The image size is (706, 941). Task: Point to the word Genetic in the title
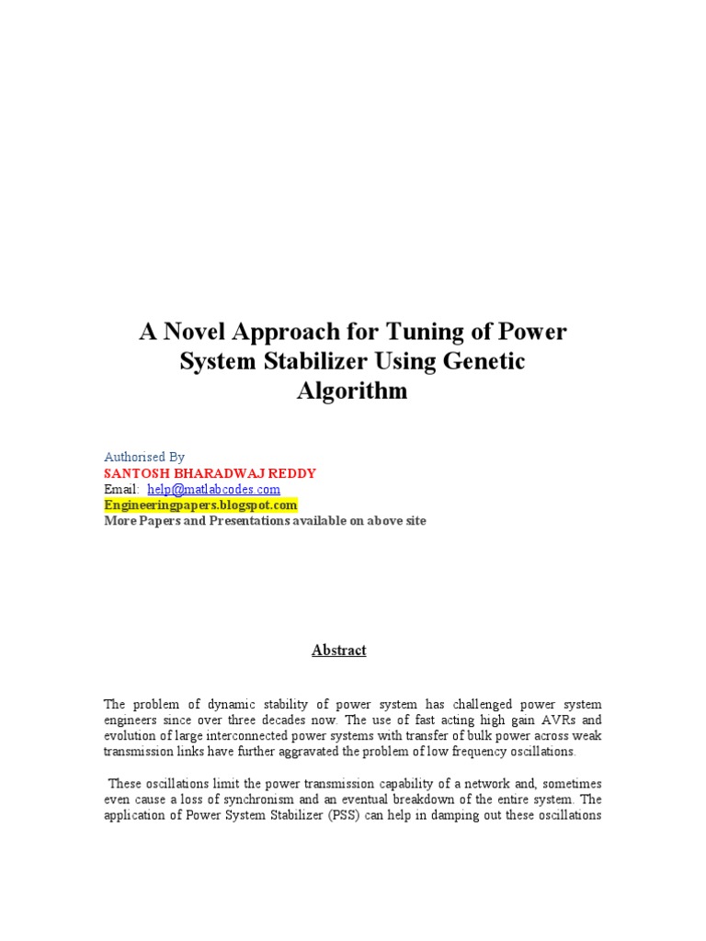click(x=485, y=361)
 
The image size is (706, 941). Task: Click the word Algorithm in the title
click(x=352, y=391)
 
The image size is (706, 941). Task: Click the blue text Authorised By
click(x=144, y=457)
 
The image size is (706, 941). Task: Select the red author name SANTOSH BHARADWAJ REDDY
click(x=211, y=473)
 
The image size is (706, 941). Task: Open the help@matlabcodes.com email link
click(x=213, y=489)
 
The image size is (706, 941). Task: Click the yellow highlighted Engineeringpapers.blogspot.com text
click(x=201, y=505)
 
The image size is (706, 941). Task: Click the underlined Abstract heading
click(x=338, y=650)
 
